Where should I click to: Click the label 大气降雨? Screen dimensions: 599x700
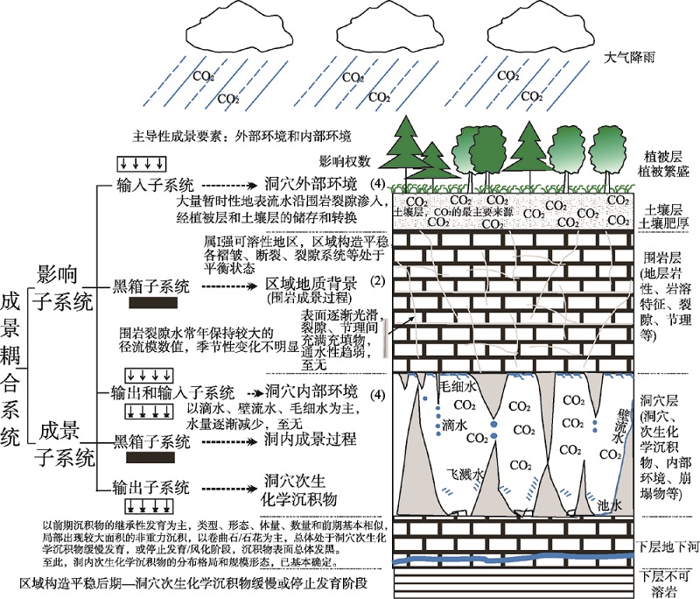point(630,60)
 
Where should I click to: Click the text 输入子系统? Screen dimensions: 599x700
point(156,185)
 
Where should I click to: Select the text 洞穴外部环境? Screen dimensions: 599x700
point(311,185)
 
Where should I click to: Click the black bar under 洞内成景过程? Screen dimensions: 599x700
point(154,456)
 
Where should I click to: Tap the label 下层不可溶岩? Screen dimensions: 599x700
point(666,581)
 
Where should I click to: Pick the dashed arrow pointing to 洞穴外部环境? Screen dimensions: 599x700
point(230,186)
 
